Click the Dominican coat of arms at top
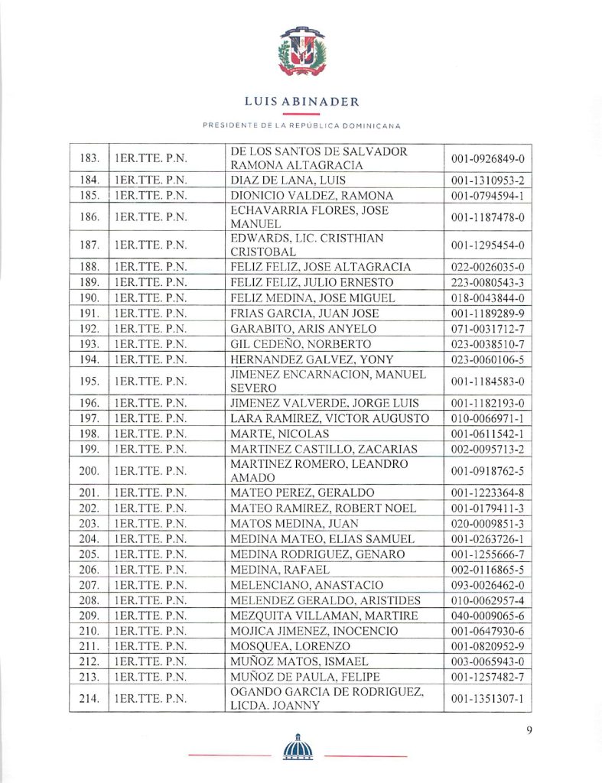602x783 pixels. (x=301, y=51)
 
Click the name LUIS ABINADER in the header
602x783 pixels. (x=301, y=102)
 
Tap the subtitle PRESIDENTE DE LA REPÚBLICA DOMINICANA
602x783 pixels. (x=301, y=125)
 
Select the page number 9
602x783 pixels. (x=529, y=730)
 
